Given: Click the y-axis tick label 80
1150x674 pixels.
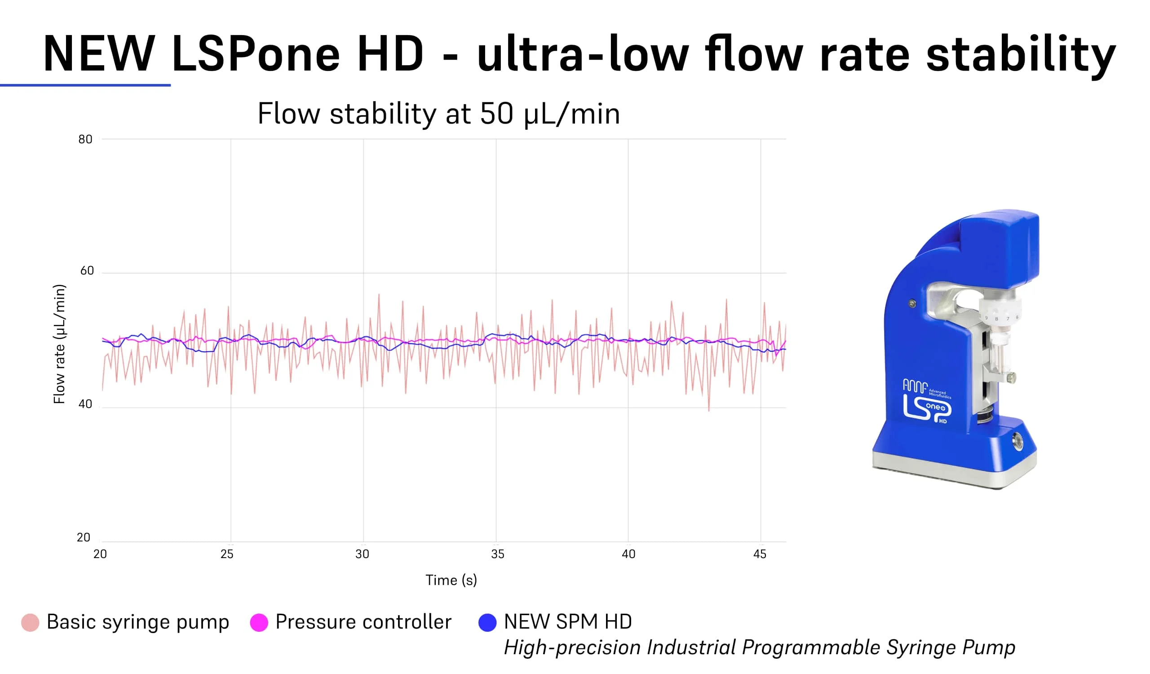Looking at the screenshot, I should [85, 139].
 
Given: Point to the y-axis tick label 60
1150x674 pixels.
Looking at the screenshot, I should [87, 270].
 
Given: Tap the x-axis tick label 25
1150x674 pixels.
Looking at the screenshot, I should [227, 554].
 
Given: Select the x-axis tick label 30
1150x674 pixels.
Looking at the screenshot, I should [363, 554].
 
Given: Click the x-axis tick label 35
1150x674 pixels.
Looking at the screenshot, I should [497, 554].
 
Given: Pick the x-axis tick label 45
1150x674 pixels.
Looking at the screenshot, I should [759, 554].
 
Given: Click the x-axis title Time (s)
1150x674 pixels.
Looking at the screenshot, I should [451, 580].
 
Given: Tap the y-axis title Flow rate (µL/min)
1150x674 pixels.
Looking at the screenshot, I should [60, 344].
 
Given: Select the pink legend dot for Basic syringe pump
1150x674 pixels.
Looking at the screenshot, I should [30, 622].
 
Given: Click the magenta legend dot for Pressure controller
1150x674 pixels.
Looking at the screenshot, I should [259, 622].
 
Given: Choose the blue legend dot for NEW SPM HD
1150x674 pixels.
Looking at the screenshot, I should [487, 622].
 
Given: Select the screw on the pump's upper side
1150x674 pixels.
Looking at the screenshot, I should [912, 303].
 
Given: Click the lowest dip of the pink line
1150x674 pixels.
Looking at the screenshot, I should [709, 410].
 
